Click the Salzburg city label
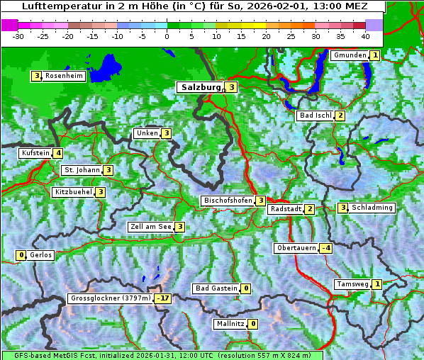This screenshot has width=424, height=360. pos(201,87)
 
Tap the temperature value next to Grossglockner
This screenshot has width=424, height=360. pos(164,298)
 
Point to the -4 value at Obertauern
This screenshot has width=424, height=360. pos(325,248)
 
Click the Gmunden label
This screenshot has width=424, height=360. pos(350,55)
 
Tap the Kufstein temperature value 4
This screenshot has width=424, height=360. pos(58,152)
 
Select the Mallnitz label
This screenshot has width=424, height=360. pos(230,324)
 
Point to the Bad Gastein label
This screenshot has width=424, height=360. pos(216,288)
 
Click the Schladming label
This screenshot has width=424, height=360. pos(372,208)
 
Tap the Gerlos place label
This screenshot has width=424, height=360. pos(41,255)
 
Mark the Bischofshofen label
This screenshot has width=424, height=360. pos(228,201)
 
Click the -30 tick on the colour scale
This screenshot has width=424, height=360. pos(18,35)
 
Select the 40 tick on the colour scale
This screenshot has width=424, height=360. pos(365,35)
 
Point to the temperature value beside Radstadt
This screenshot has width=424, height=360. pos(309,209)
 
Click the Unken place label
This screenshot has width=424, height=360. pos(147,133)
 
